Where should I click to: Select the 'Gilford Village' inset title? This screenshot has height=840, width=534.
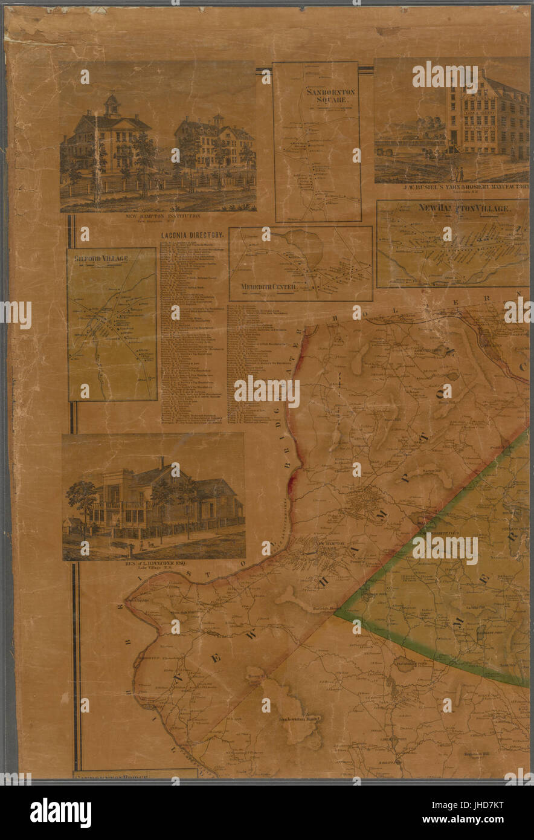[x=101, y=259]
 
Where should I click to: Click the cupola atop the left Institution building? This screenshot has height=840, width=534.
[x=112, y=105]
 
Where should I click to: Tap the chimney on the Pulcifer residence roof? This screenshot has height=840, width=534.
[x=161, y=463]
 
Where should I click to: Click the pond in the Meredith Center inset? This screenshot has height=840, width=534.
[x=305, y=248]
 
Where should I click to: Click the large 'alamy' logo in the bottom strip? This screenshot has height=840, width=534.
[x=60, y=812]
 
